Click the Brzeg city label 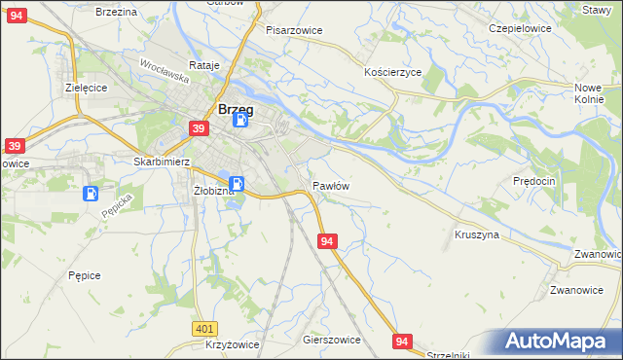(x=237, y=110)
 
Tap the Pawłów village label (x=331, y=185)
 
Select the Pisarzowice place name (x=294, y=30)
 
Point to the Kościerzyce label (x=392, y=73)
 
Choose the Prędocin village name (x=534, y=181)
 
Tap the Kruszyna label (x=477, y=234)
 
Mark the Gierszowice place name (x=332, y=340)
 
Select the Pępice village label (x=85, y=275)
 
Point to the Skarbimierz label (x=161, y=162)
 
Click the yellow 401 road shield (x=203, y=330)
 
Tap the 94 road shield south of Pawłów (x=327, y=240)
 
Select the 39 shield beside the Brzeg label (x=199, y=129)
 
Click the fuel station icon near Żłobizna (x=237, y=183)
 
